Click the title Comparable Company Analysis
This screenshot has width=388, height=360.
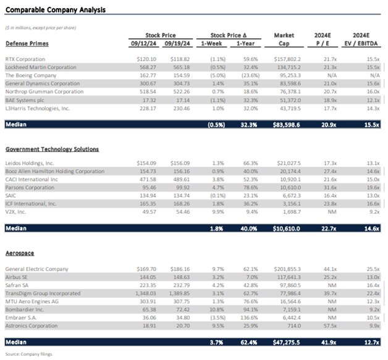pos(55,10)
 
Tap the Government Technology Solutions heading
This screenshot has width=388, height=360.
pos(52,149)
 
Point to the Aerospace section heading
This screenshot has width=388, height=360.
pos(19,254)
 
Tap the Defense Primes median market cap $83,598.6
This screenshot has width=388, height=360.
pos(284,124)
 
